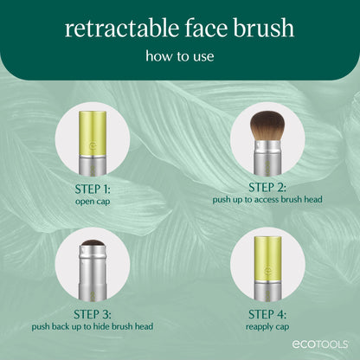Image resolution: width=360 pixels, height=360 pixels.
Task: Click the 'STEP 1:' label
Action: tap(92, 186)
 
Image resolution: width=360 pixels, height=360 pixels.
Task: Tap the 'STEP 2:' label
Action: tap(268, 186)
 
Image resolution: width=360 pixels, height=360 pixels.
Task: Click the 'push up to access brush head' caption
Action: tap(268, 198)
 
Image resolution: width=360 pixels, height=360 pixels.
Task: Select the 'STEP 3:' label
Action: tap(92, 313)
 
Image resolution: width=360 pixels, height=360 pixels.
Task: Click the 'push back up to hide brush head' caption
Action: tap(92, 326)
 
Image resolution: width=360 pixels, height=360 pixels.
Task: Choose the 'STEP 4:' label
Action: tap(268, 313)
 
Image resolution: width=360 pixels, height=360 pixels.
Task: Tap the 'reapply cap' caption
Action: tap(268, 326)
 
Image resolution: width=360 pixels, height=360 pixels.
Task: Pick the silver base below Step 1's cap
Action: tap(92, 159)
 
